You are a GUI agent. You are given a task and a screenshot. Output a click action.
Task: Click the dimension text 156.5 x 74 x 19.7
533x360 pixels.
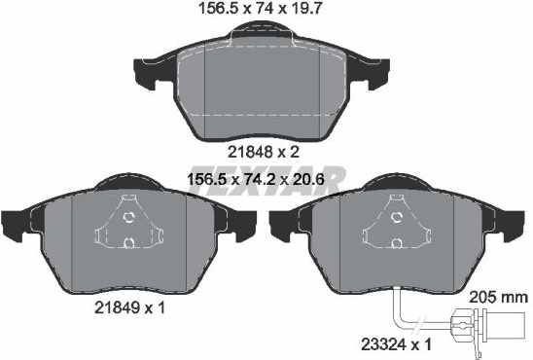click(x=260, y=9)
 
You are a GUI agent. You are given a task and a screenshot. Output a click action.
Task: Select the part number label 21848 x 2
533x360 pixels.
click(x=264, y=152)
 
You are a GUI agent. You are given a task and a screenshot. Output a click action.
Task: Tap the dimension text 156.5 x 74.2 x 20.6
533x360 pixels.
click(x=256, y=179)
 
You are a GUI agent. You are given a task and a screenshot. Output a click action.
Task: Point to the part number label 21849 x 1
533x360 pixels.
click(x=129, y=308)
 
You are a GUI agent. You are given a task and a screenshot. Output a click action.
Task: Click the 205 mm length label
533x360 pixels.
click(x=498, y=298)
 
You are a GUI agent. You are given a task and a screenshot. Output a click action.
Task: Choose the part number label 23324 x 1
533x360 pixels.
click(x=397, y=345)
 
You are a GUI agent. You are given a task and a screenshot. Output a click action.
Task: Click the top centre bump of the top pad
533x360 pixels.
click(x=261, y=30)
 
